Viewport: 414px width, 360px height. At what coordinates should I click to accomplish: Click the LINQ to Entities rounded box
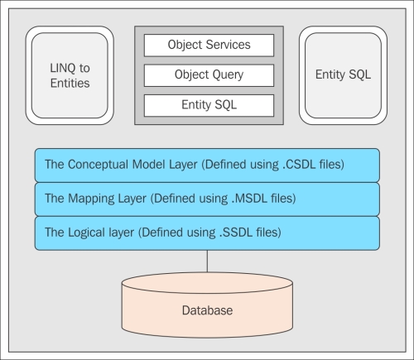[70, 75]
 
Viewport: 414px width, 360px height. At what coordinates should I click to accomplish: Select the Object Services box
[209, 46]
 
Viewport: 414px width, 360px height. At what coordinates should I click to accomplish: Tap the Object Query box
[209, 75]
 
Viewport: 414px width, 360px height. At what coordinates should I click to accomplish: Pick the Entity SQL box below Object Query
[209, 105]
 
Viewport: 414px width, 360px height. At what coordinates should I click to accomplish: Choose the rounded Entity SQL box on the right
[343, 75]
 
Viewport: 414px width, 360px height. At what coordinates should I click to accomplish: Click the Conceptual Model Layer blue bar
[207, 166]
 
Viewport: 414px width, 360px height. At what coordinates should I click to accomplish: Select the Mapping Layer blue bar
[207, 199]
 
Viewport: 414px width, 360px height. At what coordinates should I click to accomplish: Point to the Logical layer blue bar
[207, 233]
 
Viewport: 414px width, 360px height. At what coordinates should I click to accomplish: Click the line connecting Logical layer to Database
[207, 262]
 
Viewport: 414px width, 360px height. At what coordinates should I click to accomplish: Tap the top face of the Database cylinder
[207, 283]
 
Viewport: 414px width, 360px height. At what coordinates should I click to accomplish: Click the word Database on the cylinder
[207, 310]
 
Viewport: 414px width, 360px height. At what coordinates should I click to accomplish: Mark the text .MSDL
[249, 199]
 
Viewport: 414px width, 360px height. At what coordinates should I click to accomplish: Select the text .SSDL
[236, 233]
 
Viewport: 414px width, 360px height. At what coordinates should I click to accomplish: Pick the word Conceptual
[98, 165]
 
